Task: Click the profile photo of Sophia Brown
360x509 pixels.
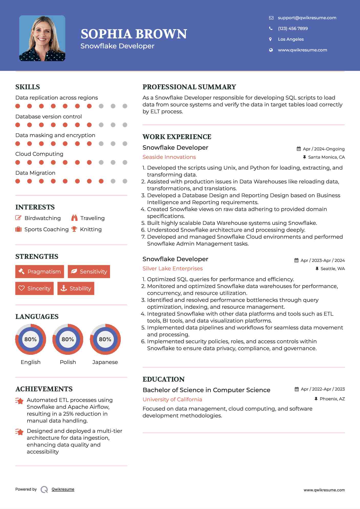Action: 42,38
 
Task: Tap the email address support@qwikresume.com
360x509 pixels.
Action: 307,18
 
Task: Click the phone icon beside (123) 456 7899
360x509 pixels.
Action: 271,28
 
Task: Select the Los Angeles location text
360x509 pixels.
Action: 291,39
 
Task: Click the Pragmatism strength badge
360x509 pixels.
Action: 40,271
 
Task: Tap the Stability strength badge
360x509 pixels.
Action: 76,288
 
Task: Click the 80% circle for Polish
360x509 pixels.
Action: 68,339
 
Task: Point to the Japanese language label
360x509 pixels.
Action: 105,362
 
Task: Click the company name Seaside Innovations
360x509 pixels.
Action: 169,157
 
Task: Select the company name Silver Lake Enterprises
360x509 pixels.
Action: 172,269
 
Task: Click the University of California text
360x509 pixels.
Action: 172,399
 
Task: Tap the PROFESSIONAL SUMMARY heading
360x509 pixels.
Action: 189,87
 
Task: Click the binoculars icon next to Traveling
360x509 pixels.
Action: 74,218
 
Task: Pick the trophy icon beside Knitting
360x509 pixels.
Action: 74,229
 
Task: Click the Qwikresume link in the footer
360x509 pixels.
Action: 63,489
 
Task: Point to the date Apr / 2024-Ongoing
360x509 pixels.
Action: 323,149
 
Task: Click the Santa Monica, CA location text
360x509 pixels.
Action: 326,157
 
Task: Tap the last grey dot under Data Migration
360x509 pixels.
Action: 125,181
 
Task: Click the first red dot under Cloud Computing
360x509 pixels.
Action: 18,162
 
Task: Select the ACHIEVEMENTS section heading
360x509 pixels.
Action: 44,389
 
